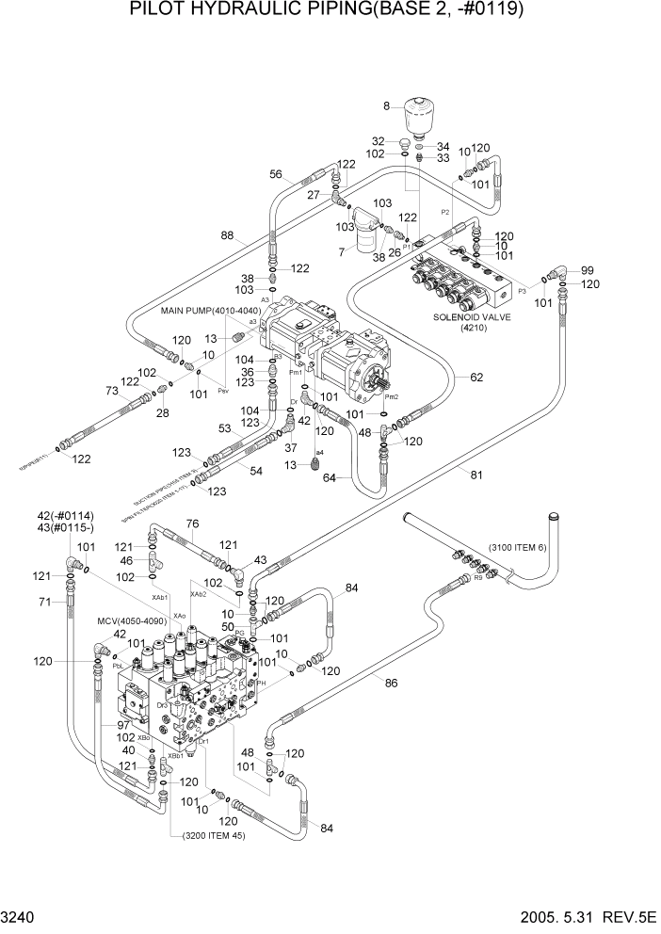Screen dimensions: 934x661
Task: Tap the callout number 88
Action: [228, 236]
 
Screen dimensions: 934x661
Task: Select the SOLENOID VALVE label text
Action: [470, 318]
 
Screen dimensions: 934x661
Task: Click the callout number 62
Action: [476, 377]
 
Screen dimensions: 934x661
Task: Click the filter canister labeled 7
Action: [359, 236]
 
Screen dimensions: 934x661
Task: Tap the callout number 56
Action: [277, 173]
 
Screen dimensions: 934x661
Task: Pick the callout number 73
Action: [111, 390]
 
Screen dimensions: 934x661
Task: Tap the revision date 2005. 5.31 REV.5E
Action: [575, 917]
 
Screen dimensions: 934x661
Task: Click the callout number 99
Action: [587, 269]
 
